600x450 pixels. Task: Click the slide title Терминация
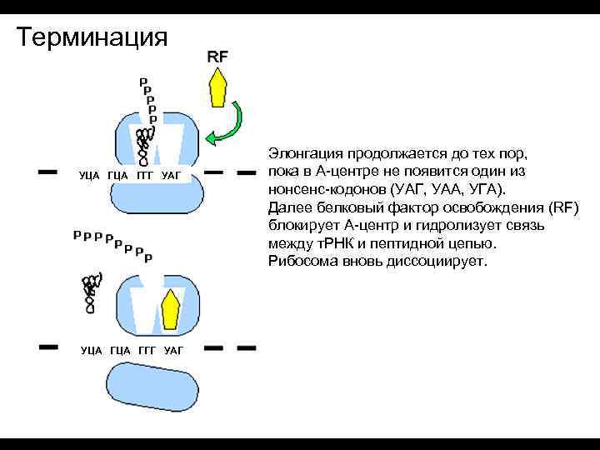(x=92, y=37)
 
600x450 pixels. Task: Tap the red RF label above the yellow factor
(x=217, y=57)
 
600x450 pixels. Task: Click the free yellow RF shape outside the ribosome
(x=218, y=87)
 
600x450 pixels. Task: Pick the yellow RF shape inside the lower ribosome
(x=171, y=308)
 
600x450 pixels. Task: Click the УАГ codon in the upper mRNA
(x=170, y=175)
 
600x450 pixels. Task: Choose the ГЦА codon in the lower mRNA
(x=120, y=350)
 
